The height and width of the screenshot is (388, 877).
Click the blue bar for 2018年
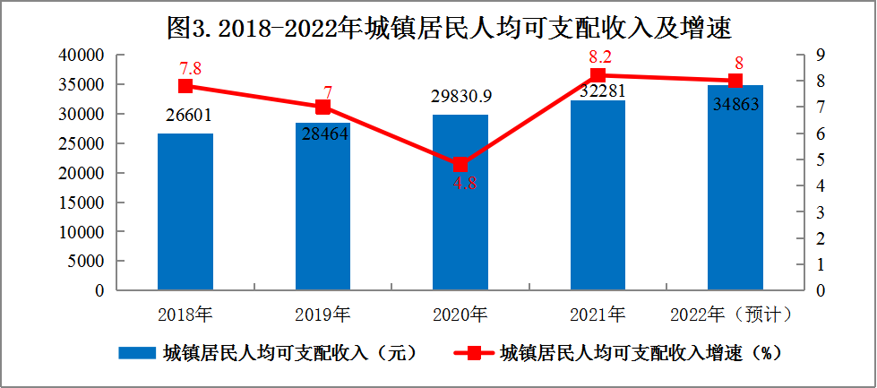pos(185,211)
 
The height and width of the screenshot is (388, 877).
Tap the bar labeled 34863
pos(735,188)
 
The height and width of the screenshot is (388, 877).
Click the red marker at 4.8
pos(460,165)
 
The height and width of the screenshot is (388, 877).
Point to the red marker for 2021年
pos(598,75)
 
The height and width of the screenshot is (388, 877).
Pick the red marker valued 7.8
pos(185,86)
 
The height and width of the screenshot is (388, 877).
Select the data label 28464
pos(323,135)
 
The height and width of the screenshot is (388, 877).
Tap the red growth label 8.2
pos(598,56)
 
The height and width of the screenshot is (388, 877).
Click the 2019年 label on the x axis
pos(323,315)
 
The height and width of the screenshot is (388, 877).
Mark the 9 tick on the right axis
pos(821,56)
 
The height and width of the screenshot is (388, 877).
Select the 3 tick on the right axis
pos(821,212)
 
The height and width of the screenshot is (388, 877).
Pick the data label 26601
pos(185,115)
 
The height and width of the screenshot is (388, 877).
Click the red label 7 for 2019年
pos(328,92)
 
